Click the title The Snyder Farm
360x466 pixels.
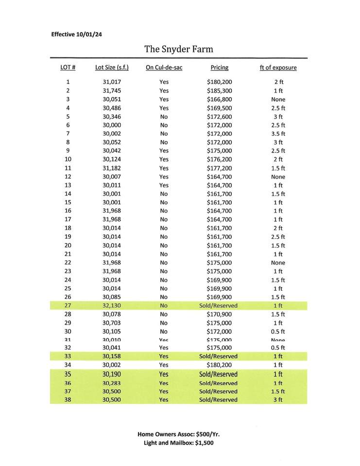pos(178,50)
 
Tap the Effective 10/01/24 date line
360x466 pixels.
pos(76,34)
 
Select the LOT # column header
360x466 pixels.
pos(68,68)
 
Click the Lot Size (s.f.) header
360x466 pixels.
pos(112,68)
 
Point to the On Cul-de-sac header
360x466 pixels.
pos(164,68)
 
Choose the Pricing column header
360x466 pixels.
pos(219,68)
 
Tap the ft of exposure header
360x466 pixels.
pos(278,68)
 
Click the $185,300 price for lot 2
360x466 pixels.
pos(219,91)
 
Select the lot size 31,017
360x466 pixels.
pos(112,82)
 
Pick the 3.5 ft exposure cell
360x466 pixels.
pos(278,133)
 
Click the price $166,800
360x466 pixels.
pos(219,100)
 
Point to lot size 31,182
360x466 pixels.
pos(112,168)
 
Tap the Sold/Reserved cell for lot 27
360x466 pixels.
pos(219,306)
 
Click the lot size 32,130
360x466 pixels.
pos(112,306)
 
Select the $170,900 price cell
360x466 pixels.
pos(219,315)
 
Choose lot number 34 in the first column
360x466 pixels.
pos(68,365)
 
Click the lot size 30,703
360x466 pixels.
pos(112,323)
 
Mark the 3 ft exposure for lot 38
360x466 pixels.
pos(278,400)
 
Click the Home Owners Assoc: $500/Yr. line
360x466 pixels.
pos(178,434)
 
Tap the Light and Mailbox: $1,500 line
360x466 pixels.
pos(178,443)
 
